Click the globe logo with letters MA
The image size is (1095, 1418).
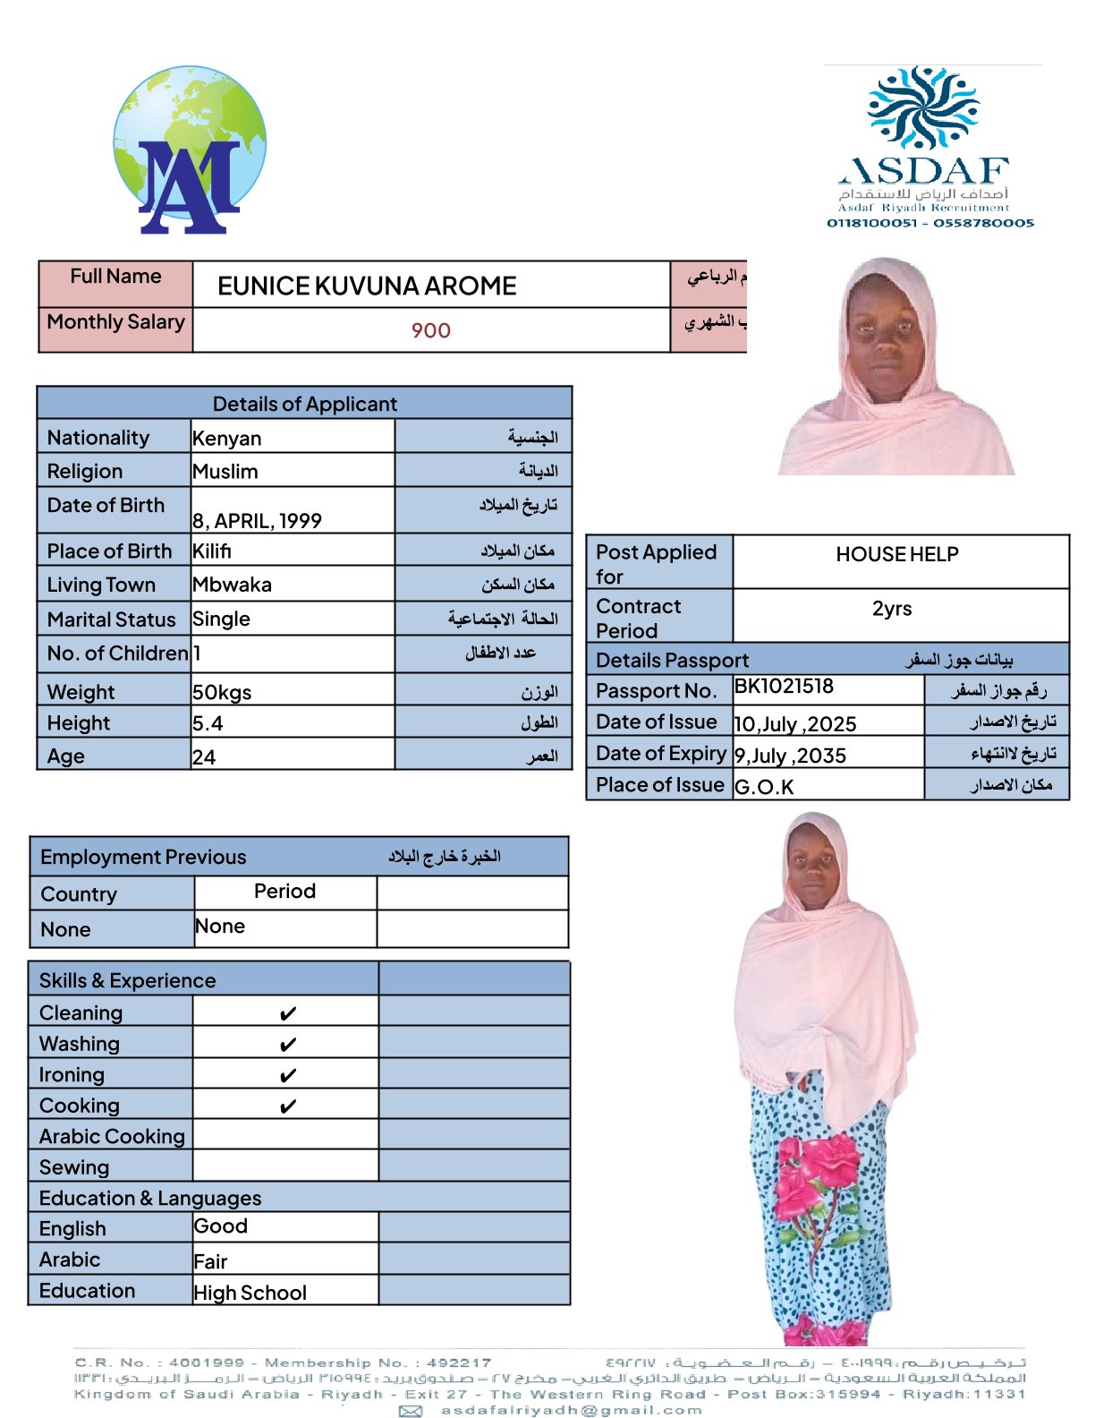click(x=190, y=150)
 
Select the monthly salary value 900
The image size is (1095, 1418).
click(x=430, y=331)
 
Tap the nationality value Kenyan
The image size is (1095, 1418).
click(x=227, y=439)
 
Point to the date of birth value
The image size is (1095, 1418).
click(x=258, y=521)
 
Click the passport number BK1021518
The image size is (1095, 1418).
click(x=784, y=687)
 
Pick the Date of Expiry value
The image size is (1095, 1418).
click(x=790, y=756)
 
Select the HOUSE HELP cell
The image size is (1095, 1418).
click(x=896, y=555)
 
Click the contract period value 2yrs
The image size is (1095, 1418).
click(x=892, y=609)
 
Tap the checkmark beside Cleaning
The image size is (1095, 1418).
click(x=287, y=1014)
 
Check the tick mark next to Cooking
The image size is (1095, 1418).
click(x=287, y=1107)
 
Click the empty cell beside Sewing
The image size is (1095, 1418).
click(x=285, y=1166)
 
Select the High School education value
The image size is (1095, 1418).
click(x=250, y=1293)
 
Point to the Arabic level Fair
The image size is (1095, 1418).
click(x=211, y=1262)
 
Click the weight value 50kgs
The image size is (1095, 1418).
click(x=222, y=693)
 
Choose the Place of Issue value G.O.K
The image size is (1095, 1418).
click(x=764, y=788)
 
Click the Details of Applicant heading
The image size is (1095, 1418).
click(x=304, y=404)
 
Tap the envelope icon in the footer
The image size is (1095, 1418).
click(x=411, y=1411)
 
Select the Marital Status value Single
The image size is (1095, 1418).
click(x=222, y=619)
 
